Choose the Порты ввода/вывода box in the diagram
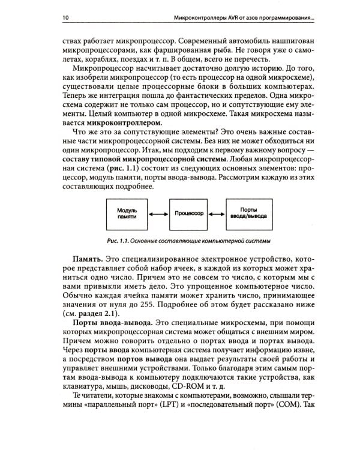click(x=250, y=215)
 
